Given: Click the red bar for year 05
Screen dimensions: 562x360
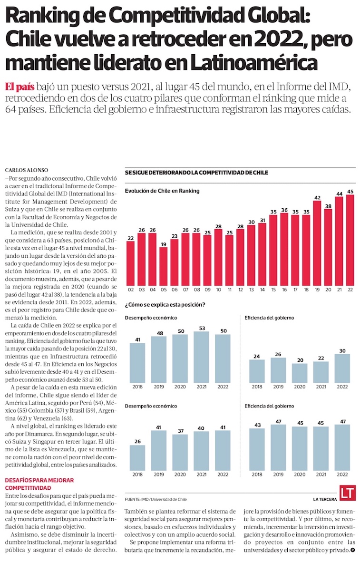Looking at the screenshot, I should [x=163, y=263].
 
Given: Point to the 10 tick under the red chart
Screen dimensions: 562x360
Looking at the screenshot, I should [x=218, y=289].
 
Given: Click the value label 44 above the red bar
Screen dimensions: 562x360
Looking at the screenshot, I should [x=339, y=194].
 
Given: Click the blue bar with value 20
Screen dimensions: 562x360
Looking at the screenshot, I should [x=299, y=373].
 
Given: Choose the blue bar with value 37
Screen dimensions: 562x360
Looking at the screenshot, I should [x=180, y=452].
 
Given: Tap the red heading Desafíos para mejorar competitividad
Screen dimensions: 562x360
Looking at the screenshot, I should [x=33, y=484].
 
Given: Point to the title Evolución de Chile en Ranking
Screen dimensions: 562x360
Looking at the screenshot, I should [x=162, y=191].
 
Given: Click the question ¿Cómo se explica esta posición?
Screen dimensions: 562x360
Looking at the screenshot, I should [x=165, y=304].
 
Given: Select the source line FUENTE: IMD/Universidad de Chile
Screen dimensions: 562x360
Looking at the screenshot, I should [x=156, y=500].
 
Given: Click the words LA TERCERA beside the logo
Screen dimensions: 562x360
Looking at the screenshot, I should [x=325, y=500].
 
